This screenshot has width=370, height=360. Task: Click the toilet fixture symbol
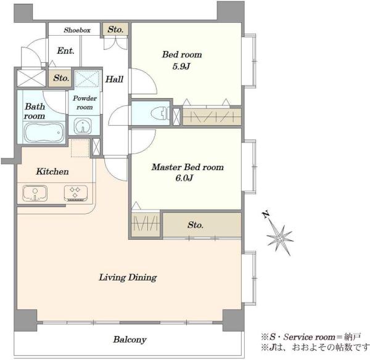(160, 113)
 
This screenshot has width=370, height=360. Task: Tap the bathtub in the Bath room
(44, 133)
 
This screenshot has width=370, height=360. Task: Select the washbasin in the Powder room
(83, 126)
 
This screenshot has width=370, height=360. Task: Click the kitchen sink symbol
(35, 194)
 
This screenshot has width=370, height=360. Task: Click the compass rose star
(280, 239)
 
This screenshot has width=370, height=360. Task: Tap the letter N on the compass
(266, 214)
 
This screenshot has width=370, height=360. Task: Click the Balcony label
(129, 340)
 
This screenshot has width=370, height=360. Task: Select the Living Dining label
(128, 277)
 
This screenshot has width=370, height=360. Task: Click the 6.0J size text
(184, 178)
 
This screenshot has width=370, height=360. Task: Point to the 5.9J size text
(181, 67)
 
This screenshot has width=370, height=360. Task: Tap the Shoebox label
(77, 30)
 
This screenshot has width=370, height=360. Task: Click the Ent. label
(65, 51)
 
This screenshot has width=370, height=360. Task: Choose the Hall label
(114, 79)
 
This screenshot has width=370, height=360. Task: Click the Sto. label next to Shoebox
(116, 30)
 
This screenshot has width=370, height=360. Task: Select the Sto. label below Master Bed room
(195, 225)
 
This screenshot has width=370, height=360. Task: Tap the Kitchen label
(52, 171)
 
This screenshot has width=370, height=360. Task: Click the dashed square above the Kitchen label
(80, 148)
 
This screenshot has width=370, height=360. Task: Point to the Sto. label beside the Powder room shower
(61, 78)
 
